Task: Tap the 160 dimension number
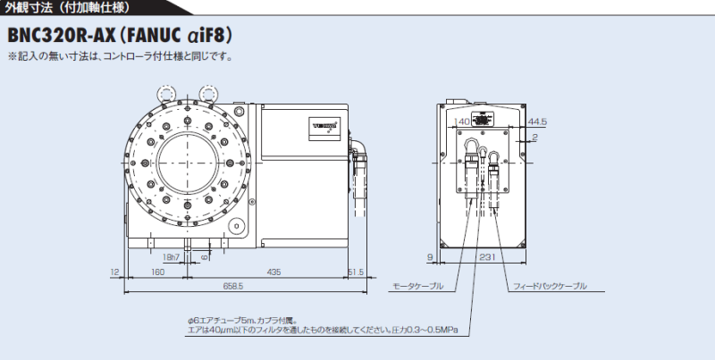[157, 270]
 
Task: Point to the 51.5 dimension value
[355, 270]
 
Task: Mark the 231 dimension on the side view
[488, 257]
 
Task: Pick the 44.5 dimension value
[537, 121]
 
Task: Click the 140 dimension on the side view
[462, 121]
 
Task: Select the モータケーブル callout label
[417, 287]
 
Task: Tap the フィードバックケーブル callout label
[551, 287]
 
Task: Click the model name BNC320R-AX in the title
[68, 37]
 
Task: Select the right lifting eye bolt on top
[211, 92]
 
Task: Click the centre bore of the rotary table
[188, 164]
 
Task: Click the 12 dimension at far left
[115, 270]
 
